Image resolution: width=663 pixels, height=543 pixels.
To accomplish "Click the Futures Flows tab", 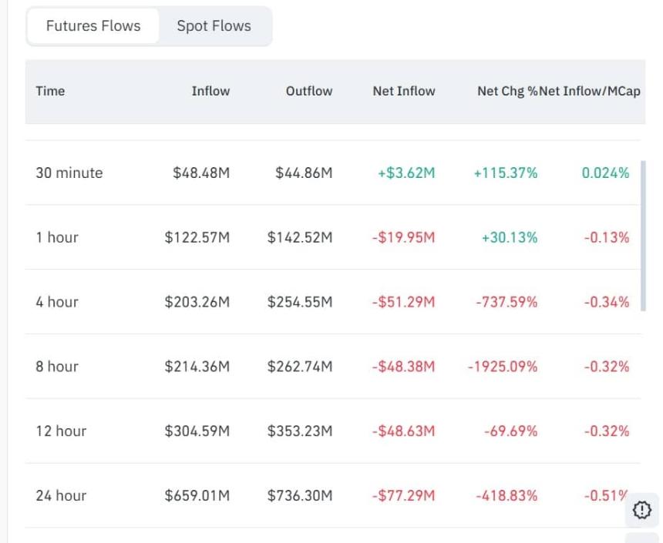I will click(x=93, y=26).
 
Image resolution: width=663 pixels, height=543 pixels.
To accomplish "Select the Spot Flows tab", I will click(x=214, y=26).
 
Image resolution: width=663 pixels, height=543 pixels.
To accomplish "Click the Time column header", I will click(x=50, y=91).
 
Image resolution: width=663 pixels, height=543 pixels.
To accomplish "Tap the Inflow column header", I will click(x=210, y=91).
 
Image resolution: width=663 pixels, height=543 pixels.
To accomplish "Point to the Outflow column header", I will click(x=309, y=91).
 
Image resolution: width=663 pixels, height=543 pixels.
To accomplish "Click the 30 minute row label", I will click(x=69, y=173).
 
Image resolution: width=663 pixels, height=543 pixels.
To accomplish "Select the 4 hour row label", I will click(x=57, y=302).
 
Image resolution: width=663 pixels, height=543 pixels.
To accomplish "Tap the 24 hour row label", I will click(x=61, y=495).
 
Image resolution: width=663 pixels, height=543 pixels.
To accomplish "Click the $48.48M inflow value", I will click(x=201, y=173).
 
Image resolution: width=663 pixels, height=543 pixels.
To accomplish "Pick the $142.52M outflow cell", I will click(x=300, y=237).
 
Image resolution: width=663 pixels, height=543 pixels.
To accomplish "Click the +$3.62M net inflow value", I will click(x=406, y=173).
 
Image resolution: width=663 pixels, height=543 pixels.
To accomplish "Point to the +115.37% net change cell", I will click(x=506, y=173).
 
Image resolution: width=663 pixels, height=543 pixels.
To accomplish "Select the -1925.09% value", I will click(x=503, y=367).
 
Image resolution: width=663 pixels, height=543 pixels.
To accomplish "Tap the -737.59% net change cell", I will click(x=507, y=302).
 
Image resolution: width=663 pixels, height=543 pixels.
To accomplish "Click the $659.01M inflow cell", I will click(x=197, y=495).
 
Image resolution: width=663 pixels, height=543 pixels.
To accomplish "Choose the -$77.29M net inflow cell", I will click(x=403, y=495).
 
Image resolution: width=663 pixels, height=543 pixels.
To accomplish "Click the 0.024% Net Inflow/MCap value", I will click(x=605, y=173).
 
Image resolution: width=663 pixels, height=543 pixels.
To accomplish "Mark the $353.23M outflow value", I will click(x=300, y=431).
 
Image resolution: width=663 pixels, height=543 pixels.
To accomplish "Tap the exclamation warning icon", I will click(x=641, y=509).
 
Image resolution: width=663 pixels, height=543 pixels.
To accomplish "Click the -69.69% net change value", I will click(x=510, y=431).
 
